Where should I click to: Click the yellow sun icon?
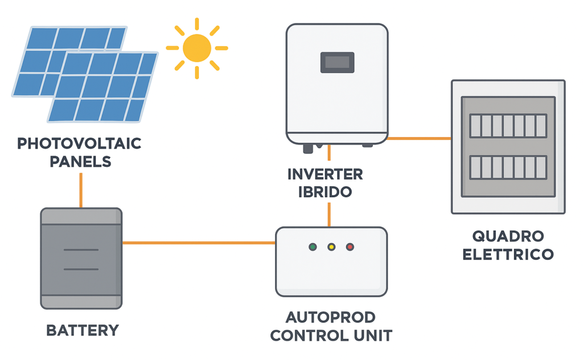pyautogui.click(x=197, y=48)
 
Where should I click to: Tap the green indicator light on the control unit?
pyautogui.click(x=313, y=247)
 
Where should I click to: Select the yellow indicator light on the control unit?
pyautogui.click(x=331, y=247)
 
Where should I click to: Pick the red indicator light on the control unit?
pyautogui.click(x=350, y=247)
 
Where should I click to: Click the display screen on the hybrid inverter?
pyautogui.click(x=337, y=62)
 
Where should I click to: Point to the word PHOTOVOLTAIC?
pyautogui.click(x=79, y=144)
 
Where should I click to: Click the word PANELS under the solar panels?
pyautogui.click(x=80, y=161)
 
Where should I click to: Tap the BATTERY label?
pyautogui.click(x=83, y=330)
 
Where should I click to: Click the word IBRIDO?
pyautogui.click(x=325, y=191)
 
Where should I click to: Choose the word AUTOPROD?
pyautogui.click(x=331, y=317)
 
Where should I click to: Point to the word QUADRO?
pyautogui.click(x=508, y=236)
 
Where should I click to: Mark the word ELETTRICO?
pyautogui.click(x=508, y=253)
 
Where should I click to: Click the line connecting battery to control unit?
pyautogui.click(x=199, y=243)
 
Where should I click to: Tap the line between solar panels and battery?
pyautogui.click(x=81, y=190)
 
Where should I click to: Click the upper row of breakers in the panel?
pyautogui.click(x=508, y=125)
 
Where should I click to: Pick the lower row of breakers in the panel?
pyautogui.click(x=508, y=167)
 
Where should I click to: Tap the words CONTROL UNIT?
pyautogui.click(x=331, y=335)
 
